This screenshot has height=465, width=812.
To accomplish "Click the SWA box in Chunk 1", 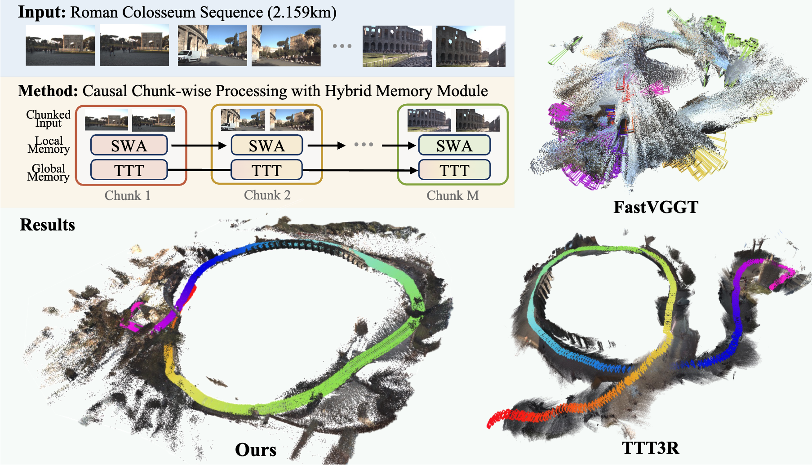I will (x=129, y=146).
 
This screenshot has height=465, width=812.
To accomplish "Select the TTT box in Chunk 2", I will (x=266, y=170).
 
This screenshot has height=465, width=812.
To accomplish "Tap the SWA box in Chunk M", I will (x=454, y=146).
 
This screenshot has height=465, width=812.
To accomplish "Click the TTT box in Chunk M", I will (x=454, y=170).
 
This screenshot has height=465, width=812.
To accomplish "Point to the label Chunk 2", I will (x=267, y=195).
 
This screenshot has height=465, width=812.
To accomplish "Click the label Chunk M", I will (x=453, y=195).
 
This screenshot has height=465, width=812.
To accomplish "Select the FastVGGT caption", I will (x=656, y=207).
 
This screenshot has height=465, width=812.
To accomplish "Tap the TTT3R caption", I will (x=650, y=448).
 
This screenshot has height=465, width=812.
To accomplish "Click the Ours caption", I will (x=255, y=450).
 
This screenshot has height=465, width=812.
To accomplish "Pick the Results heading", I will (x=47, y=225).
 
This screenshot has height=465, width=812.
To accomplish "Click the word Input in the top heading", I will (x=41, y=12).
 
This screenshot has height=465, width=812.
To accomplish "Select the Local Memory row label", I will (x=49, y=145).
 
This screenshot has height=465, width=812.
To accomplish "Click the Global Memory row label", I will (x=48, y=173).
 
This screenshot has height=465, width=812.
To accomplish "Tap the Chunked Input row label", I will (x=48, y=119).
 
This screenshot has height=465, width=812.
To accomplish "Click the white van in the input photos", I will (x=189, y=56).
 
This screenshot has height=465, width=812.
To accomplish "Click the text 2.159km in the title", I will (x=302, y=13).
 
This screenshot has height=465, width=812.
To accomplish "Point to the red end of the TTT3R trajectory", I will (x=494, y=420).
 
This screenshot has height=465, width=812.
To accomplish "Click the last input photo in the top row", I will (x=470, y=46).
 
